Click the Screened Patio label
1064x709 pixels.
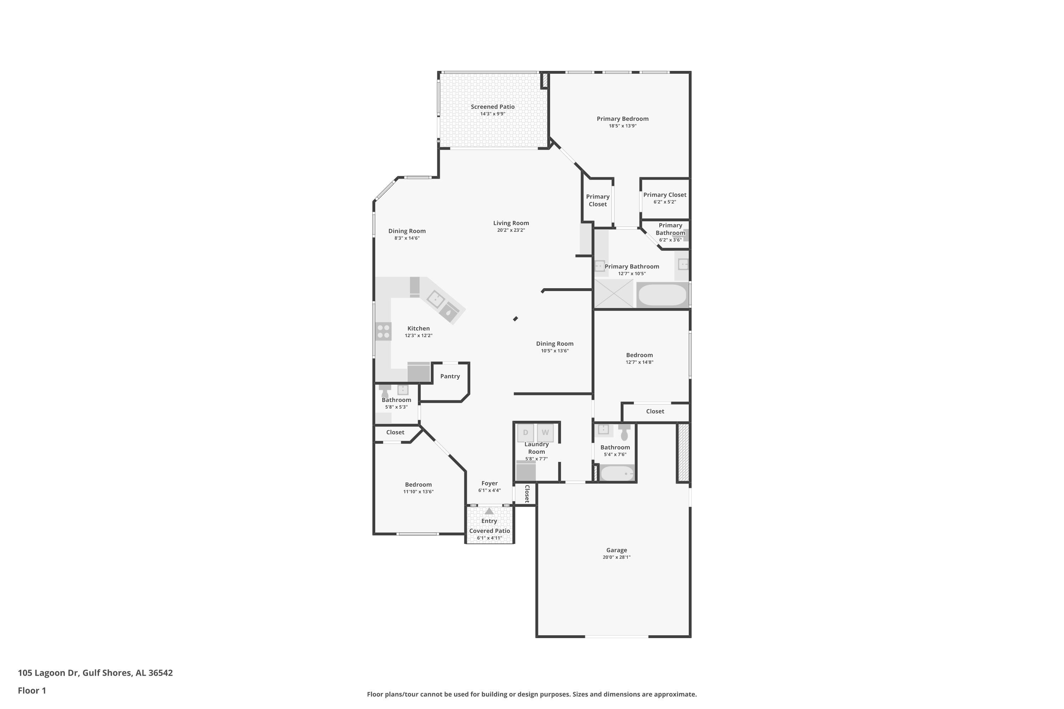coord(493,107)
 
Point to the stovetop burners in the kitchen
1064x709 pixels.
coord(384,331)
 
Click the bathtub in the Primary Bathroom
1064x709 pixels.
coord(662,295)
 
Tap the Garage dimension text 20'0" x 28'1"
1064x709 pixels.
coord(617,557)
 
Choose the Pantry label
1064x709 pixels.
coord(450,376)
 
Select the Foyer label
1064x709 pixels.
coord(489,484)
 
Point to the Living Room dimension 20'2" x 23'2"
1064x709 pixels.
coord(511,230)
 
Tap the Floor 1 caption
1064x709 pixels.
coord(32,691)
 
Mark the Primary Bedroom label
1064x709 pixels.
coord(622,119)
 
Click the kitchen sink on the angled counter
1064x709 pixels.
coord(435,299)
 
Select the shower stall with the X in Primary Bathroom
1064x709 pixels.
coord(614,294)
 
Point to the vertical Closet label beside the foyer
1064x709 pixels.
coord(527,494)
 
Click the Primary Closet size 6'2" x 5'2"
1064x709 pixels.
coord(665,202)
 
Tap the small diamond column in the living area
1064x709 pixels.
coord(515,319)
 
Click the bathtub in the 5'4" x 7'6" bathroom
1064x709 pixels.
coord(617,473)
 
